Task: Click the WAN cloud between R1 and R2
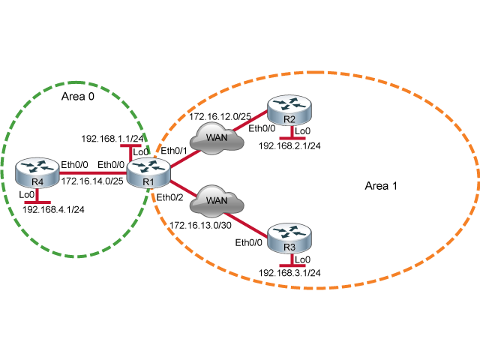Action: click(x=216, y=138)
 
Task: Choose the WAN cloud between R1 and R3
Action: click(x=216, y=201)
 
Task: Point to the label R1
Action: click(x=148, y=182)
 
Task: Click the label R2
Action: click(x=290, y=119)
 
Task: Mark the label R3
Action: click(x=290, y=247)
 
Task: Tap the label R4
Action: click(x=37, y=182)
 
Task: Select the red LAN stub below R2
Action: click(x=292, y=138)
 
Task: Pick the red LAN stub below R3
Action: click(x=292, y=265)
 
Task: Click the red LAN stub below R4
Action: click(x=37, y=202)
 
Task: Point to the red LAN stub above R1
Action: click(x=130, y=146)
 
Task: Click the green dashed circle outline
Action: click(x=76, y=82)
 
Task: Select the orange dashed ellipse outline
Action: click(x=315, y=73)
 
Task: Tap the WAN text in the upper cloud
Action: click(x=217, y=138)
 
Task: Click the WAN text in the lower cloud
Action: click(x=217, y=201)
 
